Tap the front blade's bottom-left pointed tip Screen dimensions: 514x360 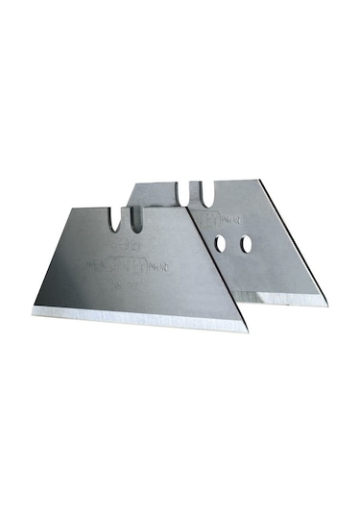tap(31, 313)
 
